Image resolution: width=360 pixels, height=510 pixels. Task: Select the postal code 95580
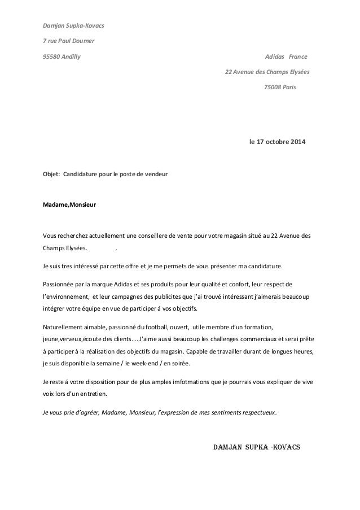click(x=51, y=56)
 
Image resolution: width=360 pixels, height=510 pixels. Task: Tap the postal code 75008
click(x=273, y=88)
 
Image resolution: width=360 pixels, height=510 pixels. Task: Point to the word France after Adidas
click(x=298, y=56)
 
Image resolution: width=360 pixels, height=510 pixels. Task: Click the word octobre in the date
click(x=276, y=141)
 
